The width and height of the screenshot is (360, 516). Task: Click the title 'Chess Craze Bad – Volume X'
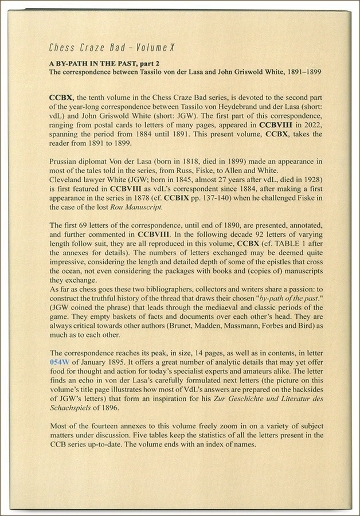click(111, 48)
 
